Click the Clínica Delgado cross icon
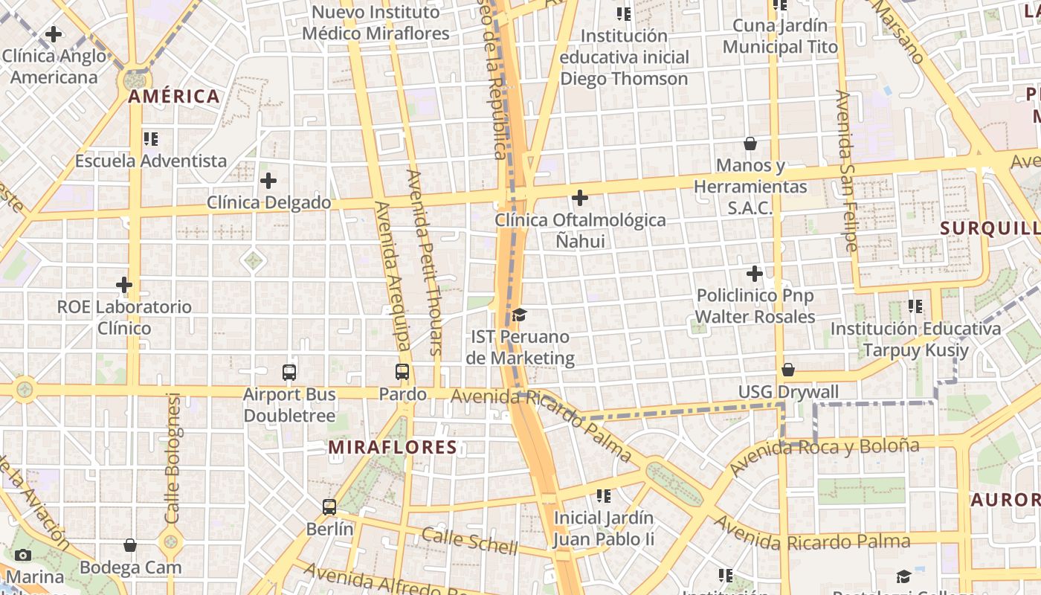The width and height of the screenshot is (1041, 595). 268,181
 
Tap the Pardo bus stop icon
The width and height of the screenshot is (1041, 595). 402,372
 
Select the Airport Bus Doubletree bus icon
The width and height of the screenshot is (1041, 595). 289,373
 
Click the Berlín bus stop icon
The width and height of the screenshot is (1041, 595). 329,507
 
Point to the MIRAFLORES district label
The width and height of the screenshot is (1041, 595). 393,447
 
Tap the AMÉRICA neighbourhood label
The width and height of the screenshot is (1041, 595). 174,96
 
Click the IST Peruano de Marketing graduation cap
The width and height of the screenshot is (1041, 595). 519,315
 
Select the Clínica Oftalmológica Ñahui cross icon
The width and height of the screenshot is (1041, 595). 580,198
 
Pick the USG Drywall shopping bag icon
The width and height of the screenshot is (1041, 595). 788,370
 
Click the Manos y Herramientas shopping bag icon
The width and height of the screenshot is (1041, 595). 750,143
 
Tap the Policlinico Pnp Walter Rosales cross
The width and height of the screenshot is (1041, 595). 755,274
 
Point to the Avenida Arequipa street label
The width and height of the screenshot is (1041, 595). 393,275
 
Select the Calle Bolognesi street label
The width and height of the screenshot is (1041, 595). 173,457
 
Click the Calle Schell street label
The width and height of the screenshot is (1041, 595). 469,541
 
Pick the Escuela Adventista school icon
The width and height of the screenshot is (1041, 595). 151,138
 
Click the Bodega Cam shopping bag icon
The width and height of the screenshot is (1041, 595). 130,545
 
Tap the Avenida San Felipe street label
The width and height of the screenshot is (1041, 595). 847,170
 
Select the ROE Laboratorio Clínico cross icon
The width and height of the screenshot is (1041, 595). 124,285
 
